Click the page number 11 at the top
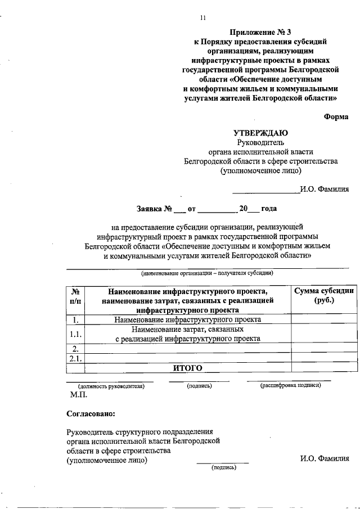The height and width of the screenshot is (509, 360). click(203, 18)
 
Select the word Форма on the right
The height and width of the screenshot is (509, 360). click(336, 116)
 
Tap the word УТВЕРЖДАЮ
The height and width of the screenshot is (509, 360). click(261, 133)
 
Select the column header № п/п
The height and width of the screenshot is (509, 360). click(75, 296)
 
